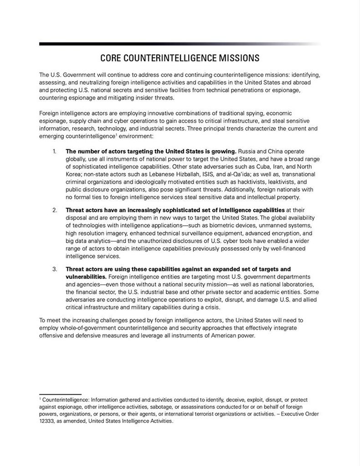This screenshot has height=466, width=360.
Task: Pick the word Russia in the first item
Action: [x=247, y=150]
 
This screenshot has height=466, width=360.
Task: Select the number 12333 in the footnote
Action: [x=48, y=421]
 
